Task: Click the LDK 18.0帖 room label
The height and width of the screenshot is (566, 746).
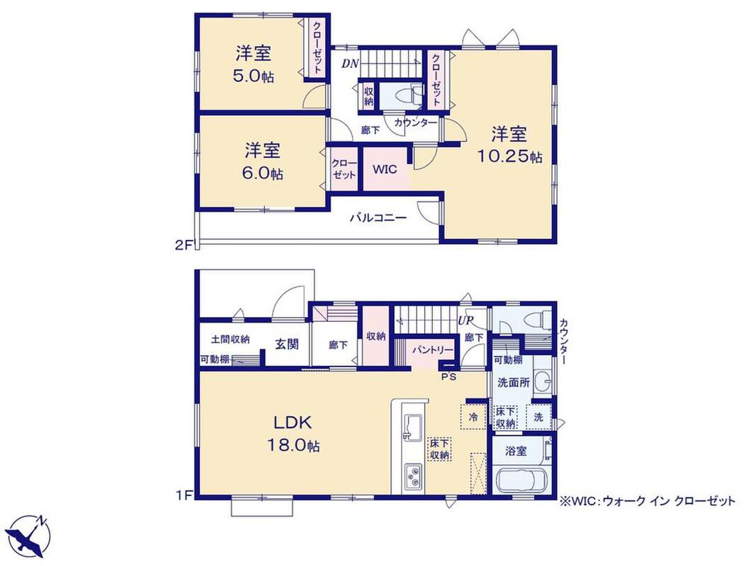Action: [x=292, y=434]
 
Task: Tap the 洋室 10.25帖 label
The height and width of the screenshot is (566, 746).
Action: [x=509, y=145]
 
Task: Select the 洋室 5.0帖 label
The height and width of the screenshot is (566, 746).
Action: [x=254, y=64]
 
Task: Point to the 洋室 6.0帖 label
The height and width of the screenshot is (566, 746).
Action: [x=263, y=161]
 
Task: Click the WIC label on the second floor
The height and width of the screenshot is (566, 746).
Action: [x=385, y=170]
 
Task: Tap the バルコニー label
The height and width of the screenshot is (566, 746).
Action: [x=378, y=219]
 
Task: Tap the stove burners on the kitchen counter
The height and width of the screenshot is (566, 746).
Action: [x=413, y=476]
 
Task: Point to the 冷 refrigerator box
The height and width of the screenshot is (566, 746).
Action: [x=473, y=417]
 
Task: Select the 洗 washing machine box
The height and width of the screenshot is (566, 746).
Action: [x=538, y=417]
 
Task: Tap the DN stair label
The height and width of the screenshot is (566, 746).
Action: [x=350, y=64]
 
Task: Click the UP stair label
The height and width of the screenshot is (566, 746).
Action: [x=465, y=320]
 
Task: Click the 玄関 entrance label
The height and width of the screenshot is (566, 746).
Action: [x=287, y=344]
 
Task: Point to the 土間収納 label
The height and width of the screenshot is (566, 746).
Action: [x=230, y=340]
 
